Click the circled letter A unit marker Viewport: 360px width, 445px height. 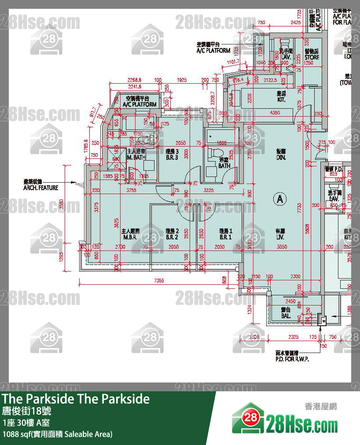click(x=279, y=199)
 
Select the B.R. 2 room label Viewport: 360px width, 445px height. click(x=172, y=234)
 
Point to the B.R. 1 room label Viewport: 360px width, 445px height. click(x=225, y=234)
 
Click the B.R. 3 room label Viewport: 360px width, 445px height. click(x=172, y=154)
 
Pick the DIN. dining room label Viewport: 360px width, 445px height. click(x=281, y=154)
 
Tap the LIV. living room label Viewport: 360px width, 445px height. click(x=280, y=234)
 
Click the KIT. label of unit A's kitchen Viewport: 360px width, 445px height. click(x=281, y=97)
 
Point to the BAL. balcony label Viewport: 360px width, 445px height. click(x=286, y=313)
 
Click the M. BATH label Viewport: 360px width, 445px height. click(x=136, y=154)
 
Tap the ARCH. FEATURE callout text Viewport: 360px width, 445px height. click(x=40, y=185)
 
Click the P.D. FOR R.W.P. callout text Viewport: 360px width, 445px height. click(x=292, y=356)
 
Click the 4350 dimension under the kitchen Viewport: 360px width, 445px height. click(x=275, y=113)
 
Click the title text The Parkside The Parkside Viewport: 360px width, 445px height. click(x=76, y=399)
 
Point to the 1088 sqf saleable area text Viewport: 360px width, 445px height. click(x=57, y=434)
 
